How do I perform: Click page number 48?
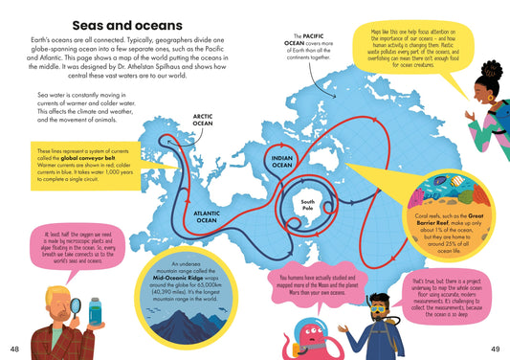click(13, 346)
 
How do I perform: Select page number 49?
click(496, 346)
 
